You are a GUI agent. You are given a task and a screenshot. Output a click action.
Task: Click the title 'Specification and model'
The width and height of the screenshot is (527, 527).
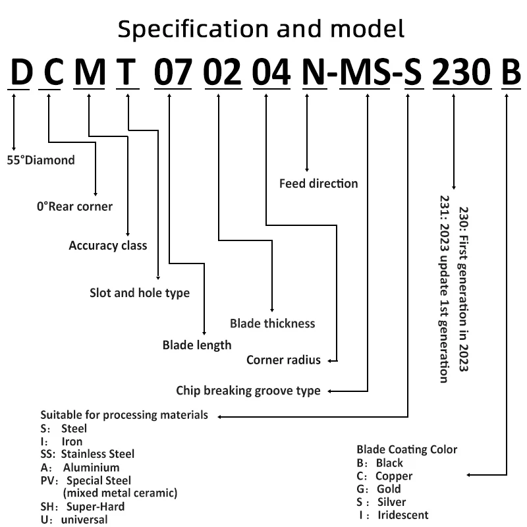pyautogui.click(x=261, y=29)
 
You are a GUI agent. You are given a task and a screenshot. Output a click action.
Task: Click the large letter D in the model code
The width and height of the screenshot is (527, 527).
pyautogui.click(x=22, y=72)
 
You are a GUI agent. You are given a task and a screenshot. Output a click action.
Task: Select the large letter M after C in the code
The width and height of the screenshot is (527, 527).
pyautogui.click(x=90, y=72)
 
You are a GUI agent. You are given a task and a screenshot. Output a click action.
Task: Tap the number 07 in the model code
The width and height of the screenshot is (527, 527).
pyautogui.click(x=173, y=72)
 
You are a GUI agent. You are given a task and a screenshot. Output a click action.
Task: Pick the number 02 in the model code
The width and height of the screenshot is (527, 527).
pyautogui.click(x=223, y=72)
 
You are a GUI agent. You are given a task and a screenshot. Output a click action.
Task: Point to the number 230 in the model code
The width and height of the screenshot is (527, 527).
pyautogui.click(x=462, y=72)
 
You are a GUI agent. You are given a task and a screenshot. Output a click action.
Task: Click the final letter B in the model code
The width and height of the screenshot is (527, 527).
pyautogui.click(x=511, y=72)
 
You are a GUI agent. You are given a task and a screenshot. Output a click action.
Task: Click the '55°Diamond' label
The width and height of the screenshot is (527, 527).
pyautogui.click(x=41, y=160)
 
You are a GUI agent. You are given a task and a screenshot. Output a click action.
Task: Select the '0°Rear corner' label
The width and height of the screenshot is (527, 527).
pyautogui.click(x=74, y=206)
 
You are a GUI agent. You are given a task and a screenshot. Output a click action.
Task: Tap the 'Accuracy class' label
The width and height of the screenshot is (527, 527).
pyautogui.click(x=108, y=246)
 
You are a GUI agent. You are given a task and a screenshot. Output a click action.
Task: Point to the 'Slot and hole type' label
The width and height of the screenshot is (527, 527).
pyautogui.click(x=140, y=293)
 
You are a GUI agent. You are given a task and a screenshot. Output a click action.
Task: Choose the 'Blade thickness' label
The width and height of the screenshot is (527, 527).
pyautogui.click(x=273, y=323)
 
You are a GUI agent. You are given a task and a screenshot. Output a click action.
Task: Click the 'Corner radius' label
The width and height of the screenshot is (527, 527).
pyautogui.click(x=283, y=360)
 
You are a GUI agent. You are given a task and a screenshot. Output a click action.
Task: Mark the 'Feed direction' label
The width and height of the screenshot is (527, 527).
pyautogui.click(x=319, y=184)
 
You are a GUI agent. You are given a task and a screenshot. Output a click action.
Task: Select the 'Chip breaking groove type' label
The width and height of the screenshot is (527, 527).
pyautogui.click(x=248, y=391)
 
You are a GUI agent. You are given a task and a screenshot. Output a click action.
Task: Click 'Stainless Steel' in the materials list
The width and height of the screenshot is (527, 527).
pyautogui.click(x=97, y=454)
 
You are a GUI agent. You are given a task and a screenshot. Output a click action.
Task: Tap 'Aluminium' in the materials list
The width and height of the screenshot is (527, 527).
pyautogui.click(x=91, y=468)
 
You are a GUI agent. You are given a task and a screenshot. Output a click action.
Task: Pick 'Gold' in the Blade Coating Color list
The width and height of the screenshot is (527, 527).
pyautogui.click(x=389, y=489)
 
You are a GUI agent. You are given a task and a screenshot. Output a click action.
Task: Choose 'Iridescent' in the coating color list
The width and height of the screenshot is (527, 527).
pyautogui.click(x=403, y=515)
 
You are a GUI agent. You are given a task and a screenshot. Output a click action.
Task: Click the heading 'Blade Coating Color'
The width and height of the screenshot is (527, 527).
pyautogui.click(x=406, y=449)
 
